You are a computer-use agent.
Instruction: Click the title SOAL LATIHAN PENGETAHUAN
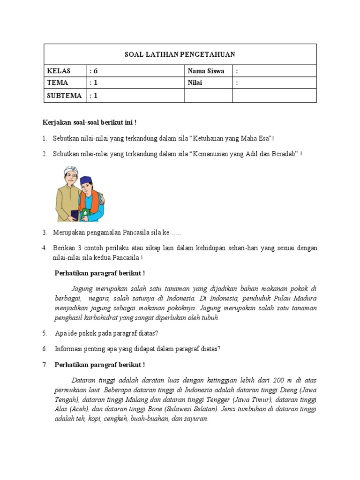point(180,54)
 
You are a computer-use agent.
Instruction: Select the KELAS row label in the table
point(59,71)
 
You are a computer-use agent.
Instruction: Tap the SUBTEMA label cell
point(65,96)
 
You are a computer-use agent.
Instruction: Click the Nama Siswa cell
point(206,71)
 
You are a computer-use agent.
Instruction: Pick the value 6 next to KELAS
point(96,71)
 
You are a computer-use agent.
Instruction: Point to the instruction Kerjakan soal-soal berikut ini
point(89,123)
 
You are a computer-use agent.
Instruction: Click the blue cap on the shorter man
point(87,180)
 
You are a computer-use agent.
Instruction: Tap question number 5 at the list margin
point(45,333)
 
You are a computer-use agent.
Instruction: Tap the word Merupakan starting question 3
point(71,233)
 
